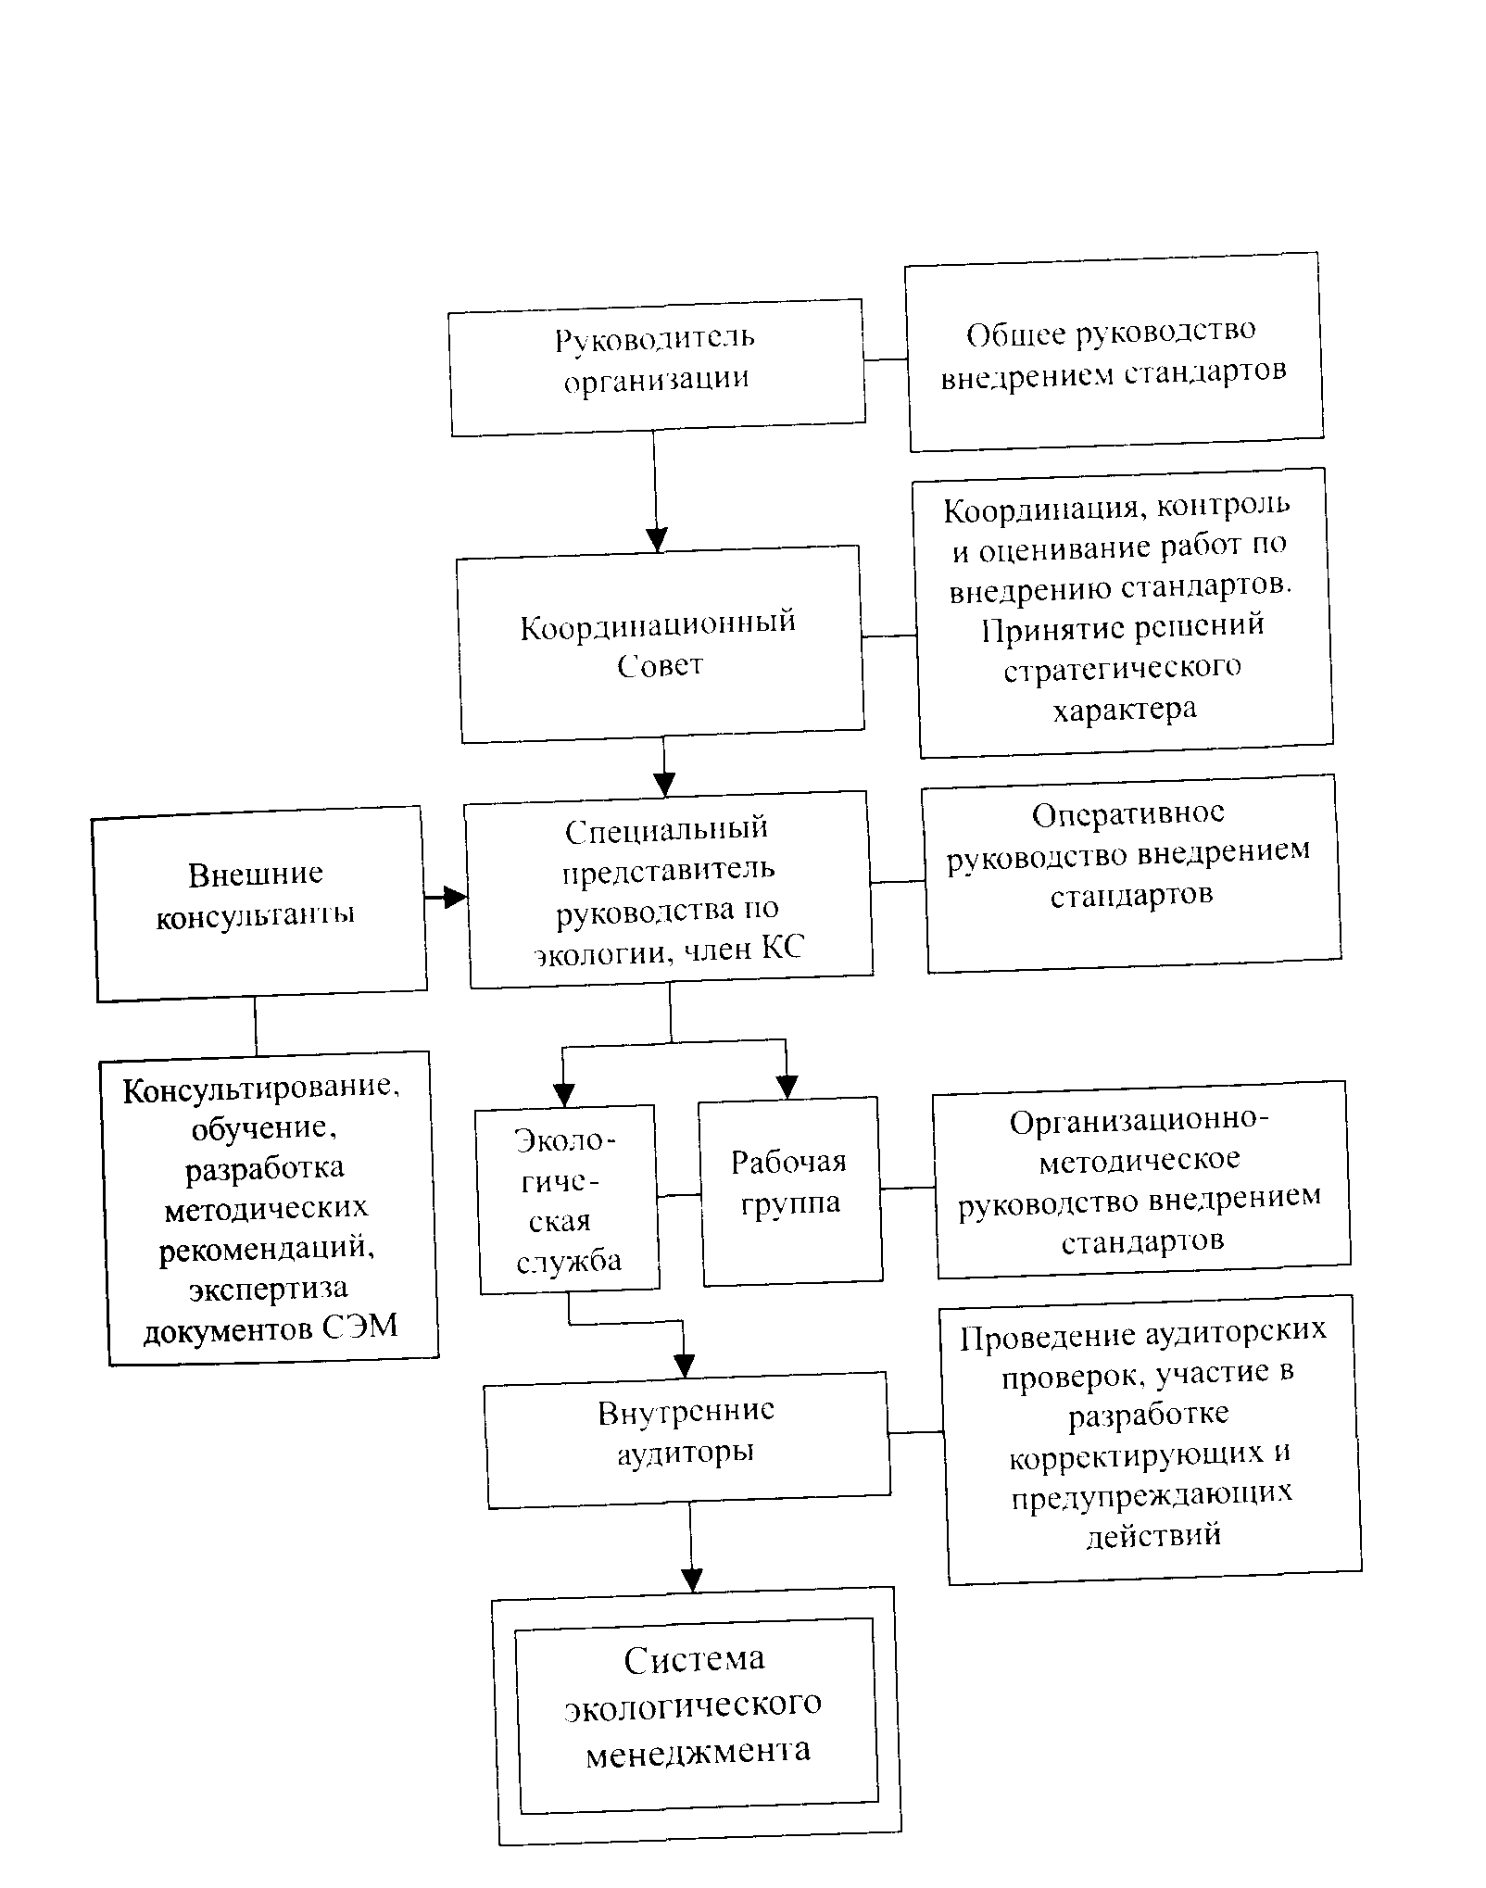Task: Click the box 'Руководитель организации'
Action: click(657, 367)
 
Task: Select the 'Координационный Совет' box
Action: click(661, 643)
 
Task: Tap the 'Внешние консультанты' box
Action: click(258, 903)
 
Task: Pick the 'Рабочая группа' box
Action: click(790, 1191)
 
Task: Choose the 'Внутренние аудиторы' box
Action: click(686, 1439)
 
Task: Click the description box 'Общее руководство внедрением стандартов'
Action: click(1114, 352)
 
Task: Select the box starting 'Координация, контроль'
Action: click(1122, 611)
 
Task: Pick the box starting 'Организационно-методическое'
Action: click(1140, 1179)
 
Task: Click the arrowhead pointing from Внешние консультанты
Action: click(455, 897)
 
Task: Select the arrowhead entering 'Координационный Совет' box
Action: click(657, 540)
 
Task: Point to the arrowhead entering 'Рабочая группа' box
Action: click(787, 1087)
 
